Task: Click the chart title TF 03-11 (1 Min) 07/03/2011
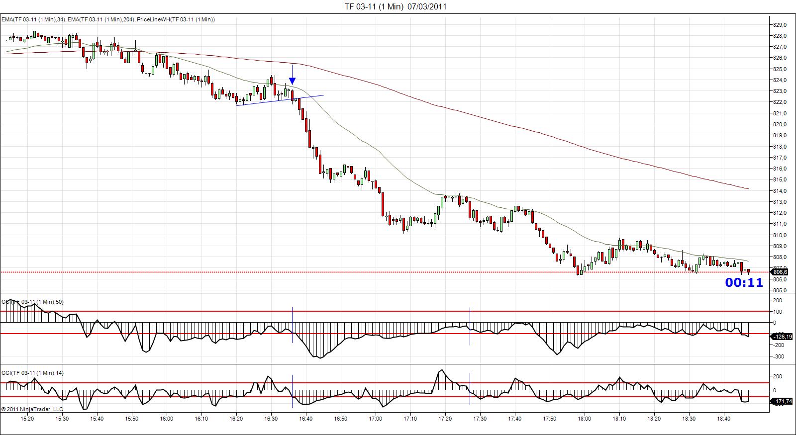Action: click(396, 6)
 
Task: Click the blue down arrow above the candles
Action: click(293, 81)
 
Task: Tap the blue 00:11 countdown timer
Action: click(744, 283)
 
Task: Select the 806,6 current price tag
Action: click(780, 272)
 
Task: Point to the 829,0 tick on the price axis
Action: click(780, 25)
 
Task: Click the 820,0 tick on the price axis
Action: click(780, 124)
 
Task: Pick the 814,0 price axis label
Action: click(780, 191)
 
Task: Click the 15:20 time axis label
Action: click(27, 419)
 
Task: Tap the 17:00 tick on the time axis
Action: click(376, 419)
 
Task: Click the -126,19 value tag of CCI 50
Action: click(781, 337)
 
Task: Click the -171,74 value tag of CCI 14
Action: click(781, 401)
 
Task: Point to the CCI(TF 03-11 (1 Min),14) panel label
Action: click(32, 373)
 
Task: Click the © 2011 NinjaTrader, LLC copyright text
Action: click(32, 409)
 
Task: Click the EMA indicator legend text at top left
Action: click(108, 19)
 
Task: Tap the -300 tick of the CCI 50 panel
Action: click(778, 356)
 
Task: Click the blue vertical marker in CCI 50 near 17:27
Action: click(470, 326)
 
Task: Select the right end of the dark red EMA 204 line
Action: click(748, 189)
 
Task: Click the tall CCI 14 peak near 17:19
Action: click(441, 370)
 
